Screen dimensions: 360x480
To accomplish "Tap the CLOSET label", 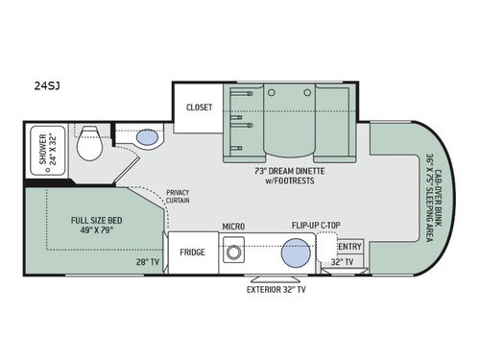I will click(x=199, y=108).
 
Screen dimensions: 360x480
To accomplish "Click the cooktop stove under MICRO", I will click(x=233, y=254).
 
